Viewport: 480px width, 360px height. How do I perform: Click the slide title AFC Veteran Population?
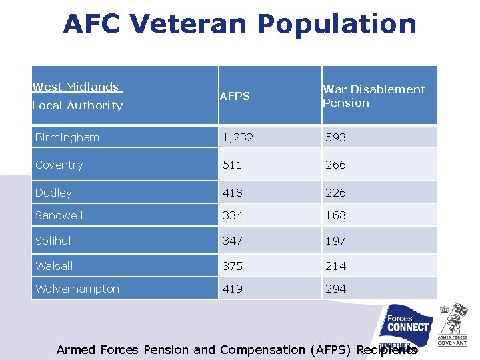click(239, 25)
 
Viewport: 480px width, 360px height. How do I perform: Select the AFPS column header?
click(235, 96)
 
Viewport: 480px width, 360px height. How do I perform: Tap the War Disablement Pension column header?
click(373, 96)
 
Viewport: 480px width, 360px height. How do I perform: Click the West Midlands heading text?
click(76, 87)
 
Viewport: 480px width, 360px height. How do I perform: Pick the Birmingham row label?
click(67, 137)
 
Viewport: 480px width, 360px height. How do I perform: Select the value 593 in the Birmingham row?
click(335, 137)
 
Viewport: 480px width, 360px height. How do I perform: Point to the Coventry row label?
click(59, 165)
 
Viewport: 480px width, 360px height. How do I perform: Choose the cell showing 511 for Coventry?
click(232, 165)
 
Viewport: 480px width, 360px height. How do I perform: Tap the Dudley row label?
click(53, 193)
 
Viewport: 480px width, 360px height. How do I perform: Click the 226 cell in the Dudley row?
click(335, 193)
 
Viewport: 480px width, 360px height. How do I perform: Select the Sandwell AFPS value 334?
click(233, 215)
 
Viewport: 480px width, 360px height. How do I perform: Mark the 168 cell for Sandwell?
click(335, 215)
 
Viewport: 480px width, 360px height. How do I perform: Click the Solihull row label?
click(55, 241)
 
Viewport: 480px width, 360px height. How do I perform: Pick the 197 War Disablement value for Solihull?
click(335, 241)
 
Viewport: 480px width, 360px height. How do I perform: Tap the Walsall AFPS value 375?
click(233, 266)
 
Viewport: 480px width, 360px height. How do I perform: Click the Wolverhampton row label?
click(77, 289)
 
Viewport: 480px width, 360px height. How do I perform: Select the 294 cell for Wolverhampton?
click(335, 289)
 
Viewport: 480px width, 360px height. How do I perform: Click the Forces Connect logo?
click(408, 326)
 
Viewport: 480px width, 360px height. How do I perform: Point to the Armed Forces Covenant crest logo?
click(453, 323)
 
